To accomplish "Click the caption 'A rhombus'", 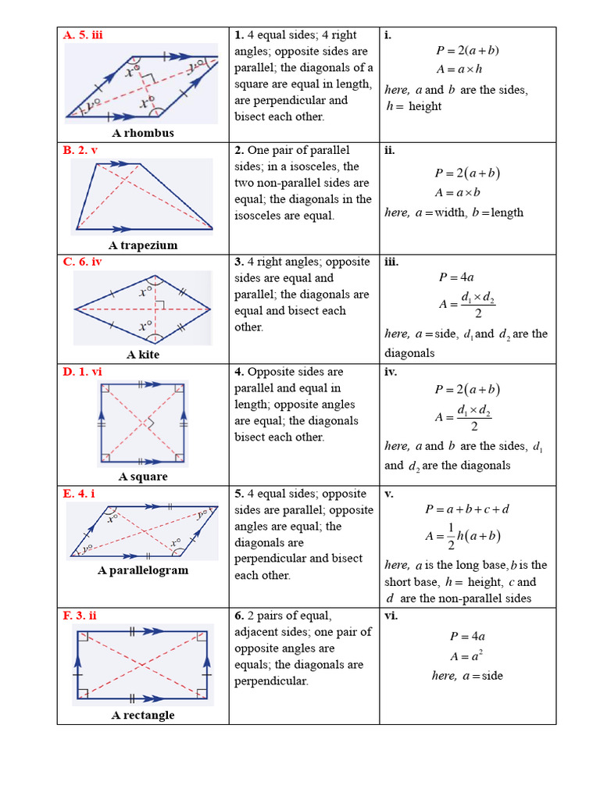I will (x=143, y=133).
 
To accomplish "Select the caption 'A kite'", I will (x=143, y=355).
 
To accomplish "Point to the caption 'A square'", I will (x=143, y=477).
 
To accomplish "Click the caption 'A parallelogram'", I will (x=143, y=570).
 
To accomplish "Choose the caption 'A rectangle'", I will (x=143, y=715).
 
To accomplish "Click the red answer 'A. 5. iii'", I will (x=84, y=34).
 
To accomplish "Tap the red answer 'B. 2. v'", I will (x=80, y=150).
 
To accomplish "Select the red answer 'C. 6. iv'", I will (x=83, y=262).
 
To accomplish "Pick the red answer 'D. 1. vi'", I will (x=83, y=372).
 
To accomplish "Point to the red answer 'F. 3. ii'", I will (x=80, y=616).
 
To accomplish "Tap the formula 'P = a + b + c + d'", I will (x=467, y=509).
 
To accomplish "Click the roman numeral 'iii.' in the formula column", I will (x=391, y=262).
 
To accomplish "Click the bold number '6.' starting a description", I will (x=239, y=616).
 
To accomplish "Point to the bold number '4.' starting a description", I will (x=239, y=372).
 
